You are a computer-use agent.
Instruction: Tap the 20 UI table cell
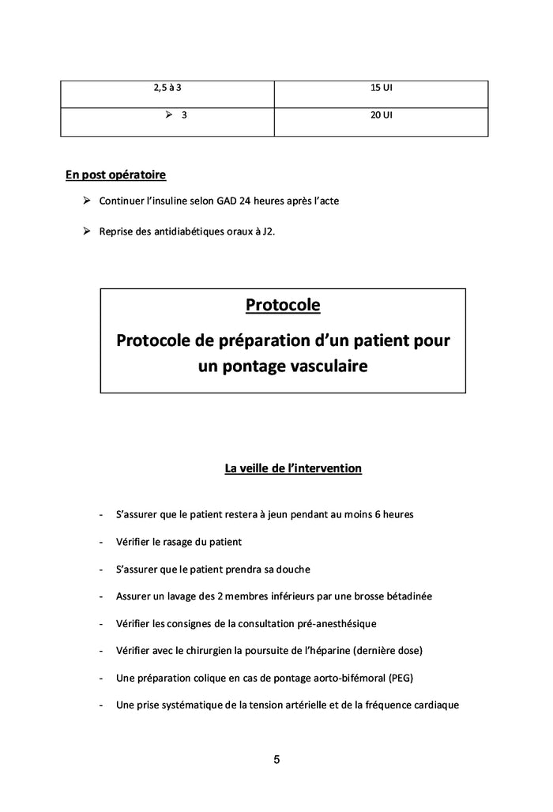click(x=382, y=115)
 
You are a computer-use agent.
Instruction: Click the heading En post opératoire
click(x=115, y=174)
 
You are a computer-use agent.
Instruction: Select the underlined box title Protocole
click(x=283, y=304)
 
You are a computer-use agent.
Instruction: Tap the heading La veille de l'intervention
click(x=293, y=468)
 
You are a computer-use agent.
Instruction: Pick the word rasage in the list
click(x=182, y=542)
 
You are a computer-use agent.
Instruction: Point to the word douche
click(x=292, y=569)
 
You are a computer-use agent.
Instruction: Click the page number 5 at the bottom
click(x=276, y=760)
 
